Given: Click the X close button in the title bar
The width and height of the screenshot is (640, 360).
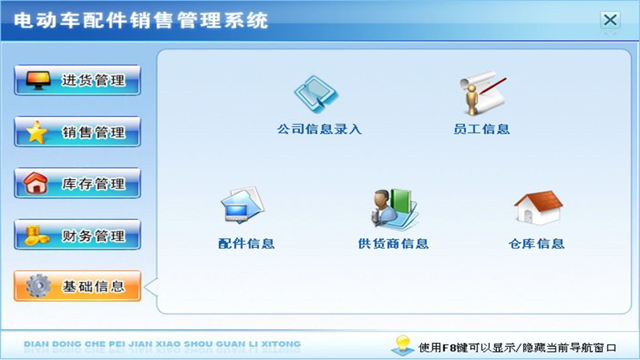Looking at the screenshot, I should [610, 20].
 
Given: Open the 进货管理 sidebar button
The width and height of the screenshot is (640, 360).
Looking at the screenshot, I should [77, 80].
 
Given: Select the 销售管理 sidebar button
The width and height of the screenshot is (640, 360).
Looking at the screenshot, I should [77, 131].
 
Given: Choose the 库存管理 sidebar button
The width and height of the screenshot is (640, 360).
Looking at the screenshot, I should [77, 183].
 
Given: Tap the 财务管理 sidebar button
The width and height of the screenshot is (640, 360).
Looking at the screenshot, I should [77, 234].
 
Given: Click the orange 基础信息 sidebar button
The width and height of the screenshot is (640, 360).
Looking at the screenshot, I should [77, 286].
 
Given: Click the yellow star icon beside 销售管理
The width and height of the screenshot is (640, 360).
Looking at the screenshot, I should [37, 132].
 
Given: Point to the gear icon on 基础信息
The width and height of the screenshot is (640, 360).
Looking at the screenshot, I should [38, 286].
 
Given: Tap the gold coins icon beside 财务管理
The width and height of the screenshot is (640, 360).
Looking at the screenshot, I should [37, 235].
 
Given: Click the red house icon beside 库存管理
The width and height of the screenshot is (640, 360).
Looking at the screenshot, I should [36, 183].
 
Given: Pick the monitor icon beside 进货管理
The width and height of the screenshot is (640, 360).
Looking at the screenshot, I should [38, 80].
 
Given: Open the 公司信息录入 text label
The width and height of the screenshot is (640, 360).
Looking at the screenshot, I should [319, 129].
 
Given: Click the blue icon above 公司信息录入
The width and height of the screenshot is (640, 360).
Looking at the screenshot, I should [316, 94].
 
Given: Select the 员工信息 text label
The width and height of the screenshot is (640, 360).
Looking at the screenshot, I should [481, 129].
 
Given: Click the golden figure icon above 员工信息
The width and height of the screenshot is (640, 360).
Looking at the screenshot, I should [481, 92].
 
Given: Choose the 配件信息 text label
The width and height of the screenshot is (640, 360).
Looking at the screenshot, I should [246, 244].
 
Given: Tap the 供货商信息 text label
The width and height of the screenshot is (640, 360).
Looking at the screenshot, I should [393, 244].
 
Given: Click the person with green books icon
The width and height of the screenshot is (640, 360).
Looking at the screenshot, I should [393, 209].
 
